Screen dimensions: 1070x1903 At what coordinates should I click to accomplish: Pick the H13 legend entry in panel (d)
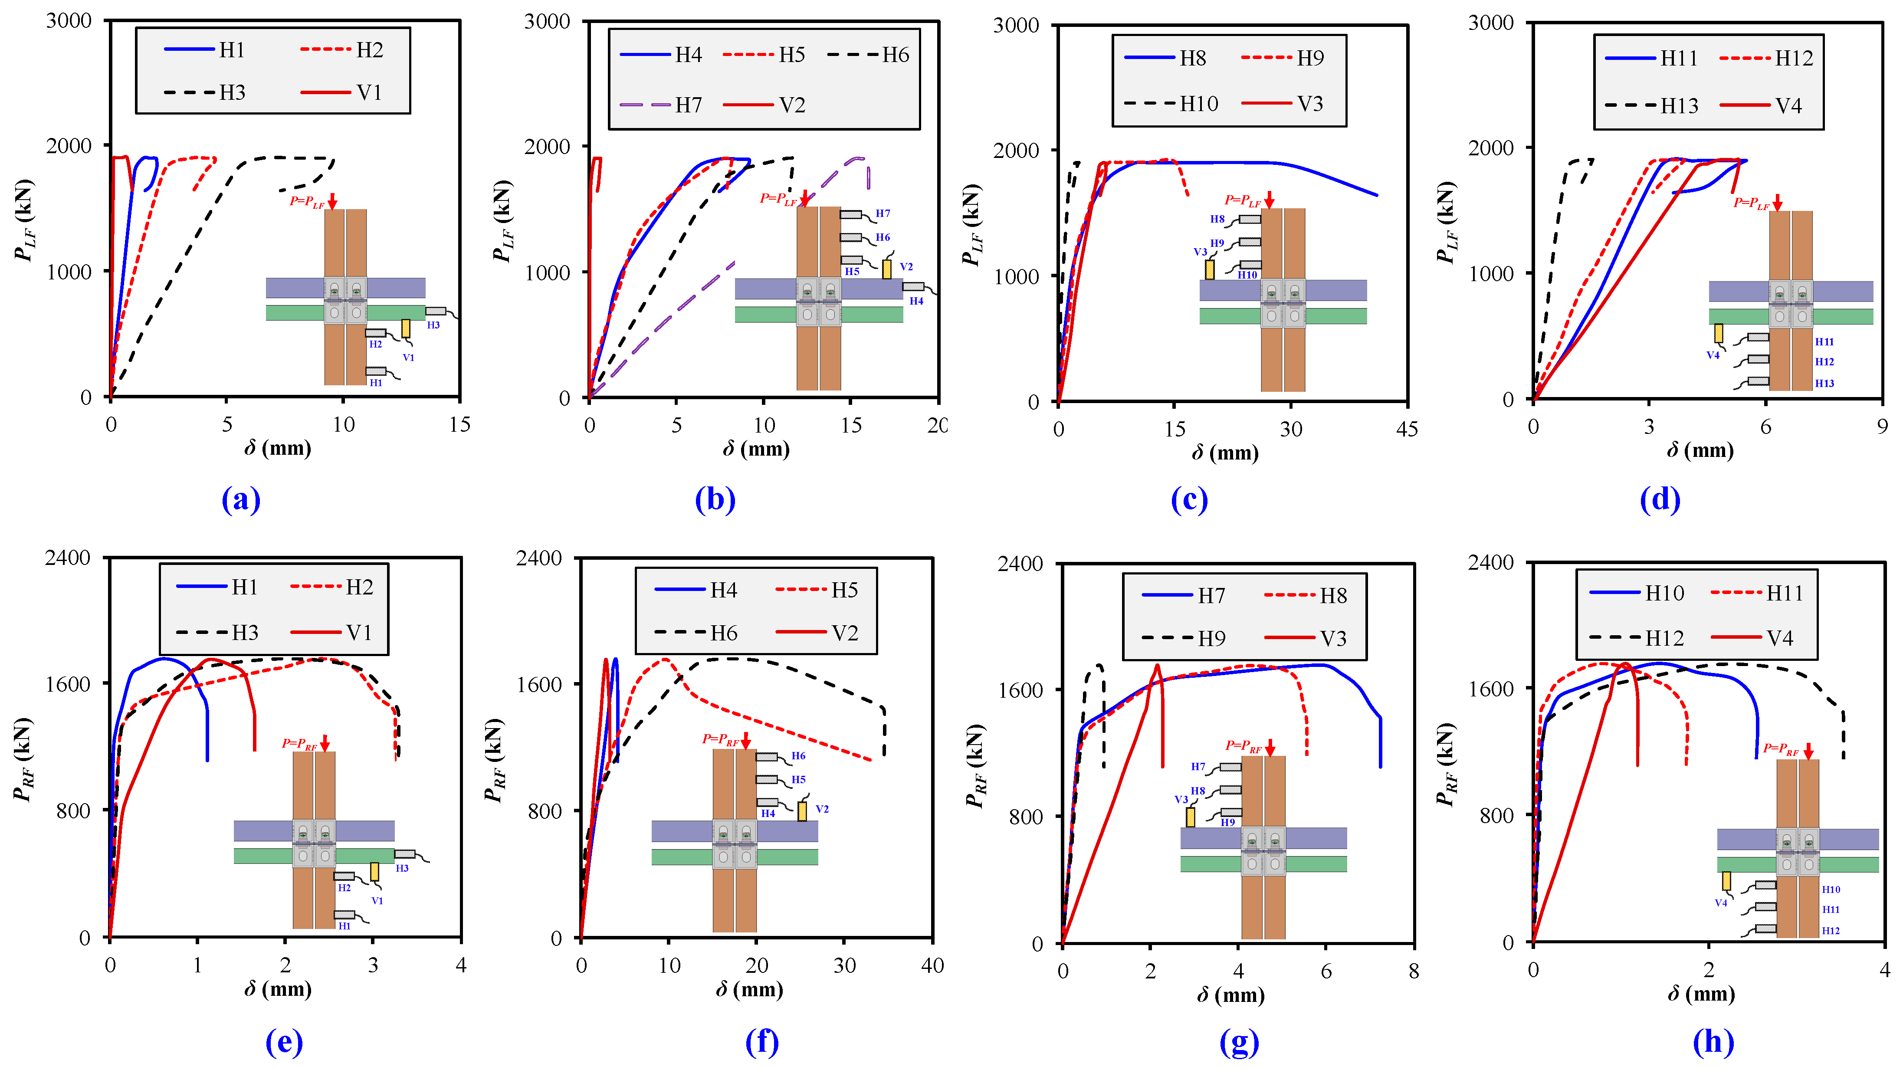(x=1678, y=106)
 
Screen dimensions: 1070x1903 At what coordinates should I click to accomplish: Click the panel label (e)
(x=284, y=1042)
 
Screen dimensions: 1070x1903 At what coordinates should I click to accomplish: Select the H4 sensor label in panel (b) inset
(x=916, y=301)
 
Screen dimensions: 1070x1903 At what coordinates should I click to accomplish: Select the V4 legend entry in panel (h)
(x=1779, y=638)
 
